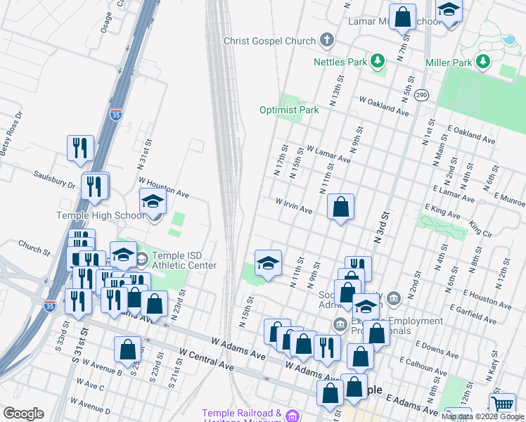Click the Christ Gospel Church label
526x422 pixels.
(269, 41)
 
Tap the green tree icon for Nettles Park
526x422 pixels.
(378, 62)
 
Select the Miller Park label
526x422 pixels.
(448, 63)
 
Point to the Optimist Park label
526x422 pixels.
(288, 110)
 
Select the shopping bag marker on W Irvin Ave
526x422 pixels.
(340, 207)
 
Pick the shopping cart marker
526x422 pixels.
(502, 405)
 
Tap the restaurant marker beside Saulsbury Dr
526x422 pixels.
(95, 186)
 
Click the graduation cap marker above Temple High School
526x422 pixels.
(153, 203)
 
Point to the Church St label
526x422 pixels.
(34, 249)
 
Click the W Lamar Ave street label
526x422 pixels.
(328, 155)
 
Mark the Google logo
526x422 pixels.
(23, 414)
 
